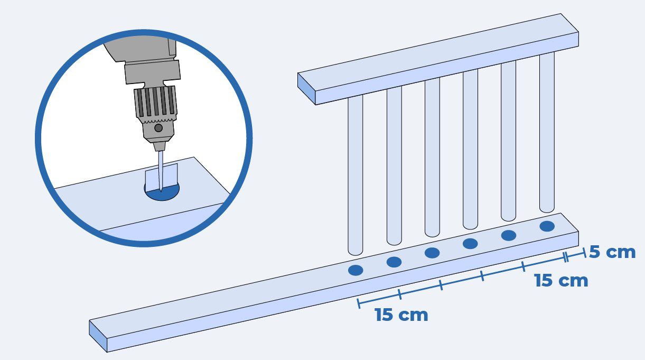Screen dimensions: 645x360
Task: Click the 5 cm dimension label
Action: click(x=612, y=252)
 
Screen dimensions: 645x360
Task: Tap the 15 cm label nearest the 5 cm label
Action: click(x=561, y=281)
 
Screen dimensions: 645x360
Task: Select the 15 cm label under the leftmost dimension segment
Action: click(x=401, y=315)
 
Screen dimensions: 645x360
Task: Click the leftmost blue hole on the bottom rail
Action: click(x=356, y=270)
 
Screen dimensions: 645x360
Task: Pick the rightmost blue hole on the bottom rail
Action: click(x=547, y=226)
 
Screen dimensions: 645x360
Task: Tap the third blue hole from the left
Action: click(x=432, y=253)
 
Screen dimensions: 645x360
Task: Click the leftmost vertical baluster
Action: click(x=356, y=176)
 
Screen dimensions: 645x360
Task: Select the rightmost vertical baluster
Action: click(x=547, y=133)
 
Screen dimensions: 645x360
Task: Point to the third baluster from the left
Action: click(x=432, y=158)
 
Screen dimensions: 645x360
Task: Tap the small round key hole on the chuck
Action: click(x=158, y=128)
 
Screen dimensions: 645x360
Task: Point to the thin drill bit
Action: click(x=161, y=171)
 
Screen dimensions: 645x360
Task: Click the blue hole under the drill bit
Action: click(x=162, y=192)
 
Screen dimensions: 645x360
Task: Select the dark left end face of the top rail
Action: click(x=306, y=89)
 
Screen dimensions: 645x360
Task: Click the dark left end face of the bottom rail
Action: click(x=98, y=336)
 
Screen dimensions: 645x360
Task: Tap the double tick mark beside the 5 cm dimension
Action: click(x=566, y=257)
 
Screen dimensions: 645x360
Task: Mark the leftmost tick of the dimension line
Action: click(x=359, y=303)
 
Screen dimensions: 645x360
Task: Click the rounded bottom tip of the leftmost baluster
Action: click(x=356, y=253)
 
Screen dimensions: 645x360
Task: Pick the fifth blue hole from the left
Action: click(x=509, y=235)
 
